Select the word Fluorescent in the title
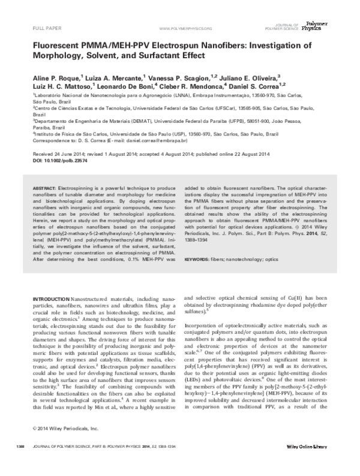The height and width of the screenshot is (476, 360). (x=61, y=45)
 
